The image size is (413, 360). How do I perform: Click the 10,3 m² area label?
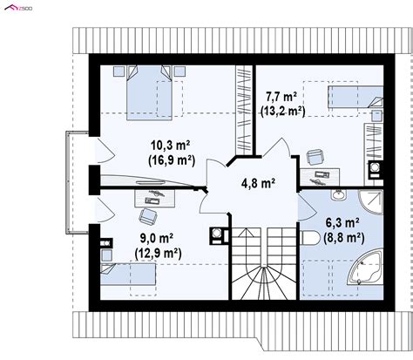171,145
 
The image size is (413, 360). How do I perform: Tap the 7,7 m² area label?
281,97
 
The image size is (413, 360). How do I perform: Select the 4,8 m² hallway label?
258,183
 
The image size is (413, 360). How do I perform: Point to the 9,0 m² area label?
157,238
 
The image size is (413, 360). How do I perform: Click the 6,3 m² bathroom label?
342,223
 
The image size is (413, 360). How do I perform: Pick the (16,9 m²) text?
172,160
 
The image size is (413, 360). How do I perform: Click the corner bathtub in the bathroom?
365,268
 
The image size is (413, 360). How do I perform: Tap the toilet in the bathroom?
309,238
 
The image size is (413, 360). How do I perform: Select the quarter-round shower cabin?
370,202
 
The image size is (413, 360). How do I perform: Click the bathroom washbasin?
339,194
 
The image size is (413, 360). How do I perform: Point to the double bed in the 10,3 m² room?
149,92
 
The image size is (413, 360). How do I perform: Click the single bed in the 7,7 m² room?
355,97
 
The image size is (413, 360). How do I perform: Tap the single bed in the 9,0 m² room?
128,275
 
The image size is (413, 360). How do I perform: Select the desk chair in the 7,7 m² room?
315,157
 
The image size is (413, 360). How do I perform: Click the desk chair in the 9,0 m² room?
148,217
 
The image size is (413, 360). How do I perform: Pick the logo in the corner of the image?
18,8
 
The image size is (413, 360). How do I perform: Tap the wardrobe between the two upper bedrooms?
244,110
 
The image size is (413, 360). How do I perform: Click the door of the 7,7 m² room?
276,147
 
